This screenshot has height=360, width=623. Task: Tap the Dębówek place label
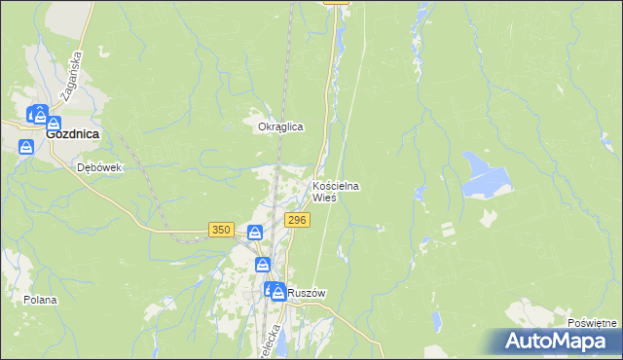click(98, 167)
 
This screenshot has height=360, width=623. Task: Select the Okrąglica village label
click(281, 126)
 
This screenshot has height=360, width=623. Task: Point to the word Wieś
click(324, 198)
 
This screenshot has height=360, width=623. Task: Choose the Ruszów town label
click(305, 292)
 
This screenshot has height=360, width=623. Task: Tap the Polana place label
click(42, 300)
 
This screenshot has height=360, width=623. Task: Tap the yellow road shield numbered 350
click(221, 230)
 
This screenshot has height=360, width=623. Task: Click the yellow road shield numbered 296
click(297, 221)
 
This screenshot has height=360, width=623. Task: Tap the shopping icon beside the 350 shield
click(254, 233)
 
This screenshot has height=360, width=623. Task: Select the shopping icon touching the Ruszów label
click(277, 291)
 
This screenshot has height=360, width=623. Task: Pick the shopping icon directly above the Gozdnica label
click(53, 125)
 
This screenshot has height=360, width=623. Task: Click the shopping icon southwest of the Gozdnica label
click(27, 146)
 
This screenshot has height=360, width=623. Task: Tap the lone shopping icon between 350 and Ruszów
click(263, 265)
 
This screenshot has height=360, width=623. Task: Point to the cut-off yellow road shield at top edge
click(336, 2)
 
